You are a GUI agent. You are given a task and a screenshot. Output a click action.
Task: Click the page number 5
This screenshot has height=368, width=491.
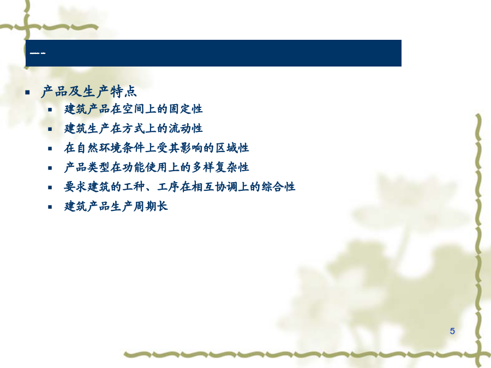tap(452, 331)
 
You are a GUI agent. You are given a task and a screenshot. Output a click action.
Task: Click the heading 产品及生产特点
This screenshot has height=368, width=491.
tap(89, 92)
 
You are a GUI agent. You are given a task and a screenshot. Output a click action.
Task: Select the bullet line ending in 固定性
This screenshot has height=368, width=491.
tap(134, 109)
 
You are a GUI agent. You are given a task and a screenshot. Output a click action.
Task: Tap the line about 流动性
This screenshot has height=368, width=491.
tap(134, 129)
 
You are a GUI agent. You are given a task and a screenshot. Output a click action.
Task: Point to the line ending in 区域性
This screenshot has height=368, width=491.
tap(157, 148)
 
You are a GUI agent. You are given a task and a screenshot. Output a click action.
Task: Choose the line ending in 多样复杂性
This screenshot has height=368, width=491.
tap(157, 167)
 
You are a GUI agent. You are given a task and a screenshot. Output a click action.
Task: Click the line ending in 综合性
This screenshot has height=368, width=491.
tap(179, 187)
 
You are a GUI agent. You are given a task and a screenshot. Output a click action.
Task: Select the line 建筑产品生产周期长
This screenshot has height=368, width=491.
tap(116, 207)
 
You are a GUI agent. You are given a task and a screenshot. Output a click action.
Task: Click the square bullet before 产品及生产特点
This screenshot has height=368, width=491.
tap(28, 92)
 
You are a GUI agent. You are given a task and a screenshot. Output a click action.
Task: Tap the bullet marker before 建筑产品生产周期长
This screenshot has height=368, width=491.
tap(50, 207)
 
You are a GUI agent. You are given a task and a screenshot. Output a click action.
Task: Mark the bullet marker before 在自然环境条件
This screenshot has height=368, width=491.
tap(50, 149)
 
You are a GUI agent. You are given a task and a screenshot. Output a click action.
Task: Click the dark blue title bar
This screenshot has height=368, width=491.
tap(213, 53)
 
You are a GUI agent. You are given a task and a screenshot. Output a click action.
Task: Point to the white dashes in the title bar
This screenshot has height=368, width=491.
tap(38, 53)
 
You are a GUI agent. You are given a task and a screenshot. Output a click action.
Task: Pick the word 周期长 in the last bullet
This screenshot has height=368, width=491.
tap(151, 207)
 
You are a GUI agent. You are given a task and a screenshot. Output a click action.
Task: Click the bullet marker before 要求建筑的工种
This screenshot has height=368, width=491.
tap(50, 188)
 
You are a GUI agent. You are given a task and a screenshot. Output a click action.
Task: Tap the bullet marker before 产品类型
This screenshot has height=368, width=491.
tap(50, 168)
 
